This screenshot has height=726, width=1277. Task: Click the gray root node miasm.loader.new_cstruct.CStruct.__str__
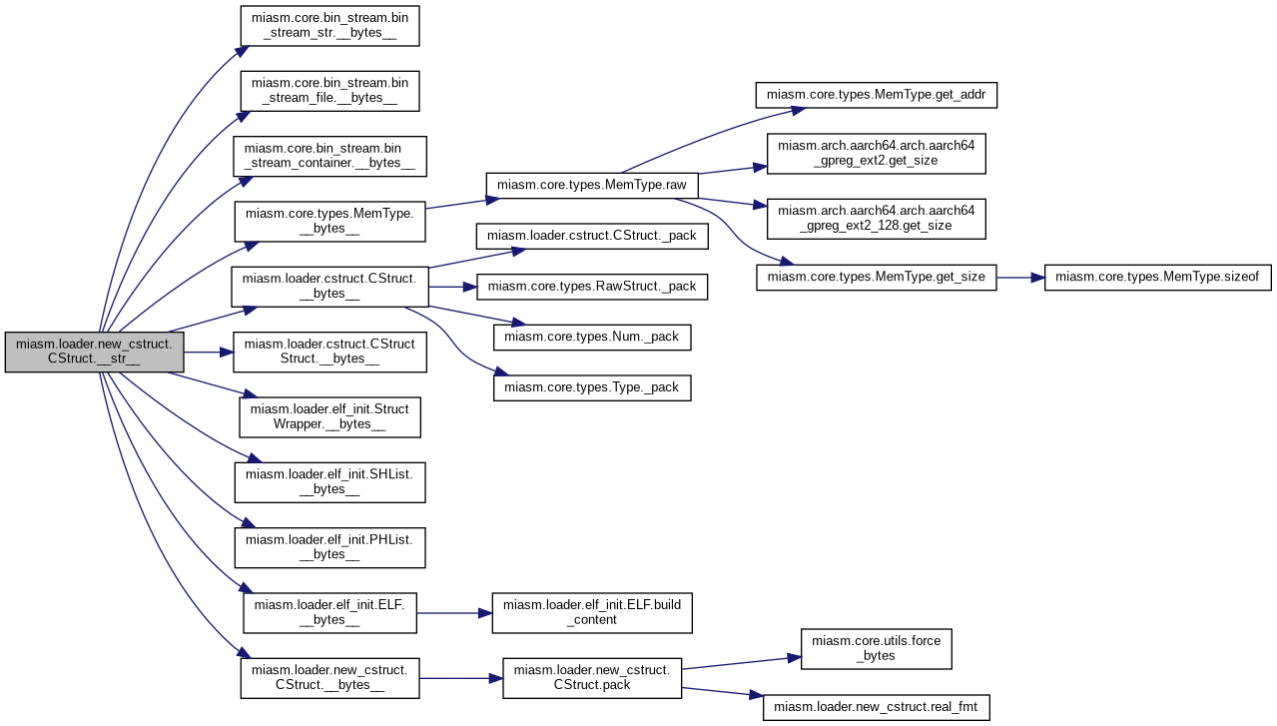click(95, 353)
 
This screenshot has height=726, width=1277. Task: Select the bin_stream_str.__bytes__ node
click(330, 26)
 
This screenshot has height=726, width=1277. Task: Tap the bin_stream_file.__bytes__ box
click(330, 91)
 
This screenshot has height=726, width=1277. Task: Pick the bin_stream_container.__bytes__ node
click(330, 156)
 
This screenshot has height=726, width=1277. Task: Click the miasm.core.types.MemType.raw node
click(592, 186)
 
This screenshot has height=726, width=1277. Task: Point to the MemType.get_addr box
click(877, 95)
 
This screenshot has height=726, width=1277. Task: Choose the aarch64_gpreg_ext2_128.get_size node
click(877, 219)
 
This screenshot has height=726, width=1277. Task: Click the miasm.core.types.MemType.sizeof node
click(1158, 278)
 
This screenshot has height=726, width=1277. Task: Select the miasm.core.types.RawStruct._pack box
click(592, 287)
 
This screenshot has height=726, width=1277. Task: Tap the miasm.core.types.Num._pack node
click(592, 338)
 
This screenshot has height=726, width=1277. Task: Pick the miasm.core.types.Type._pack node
click(592, 387)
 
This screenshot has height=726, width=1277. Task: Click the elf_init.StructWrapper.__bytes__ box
click(330, 417)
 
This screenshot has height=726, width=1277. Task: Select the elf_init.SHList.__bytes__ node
click(330, 482)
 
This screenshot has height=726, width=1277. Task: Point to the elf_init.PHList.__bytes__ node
click(330, 548)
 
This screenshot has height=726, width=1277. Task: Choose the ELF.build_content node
click(592, 613)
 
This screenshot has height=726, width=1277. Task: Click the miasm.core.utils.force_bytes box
click(877, 649)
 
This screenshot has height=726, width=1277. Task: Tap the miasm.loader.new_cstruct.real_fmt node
click(877, 708)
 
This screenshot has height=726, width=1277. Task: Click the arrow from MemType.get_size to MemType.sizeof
click(1020, 278)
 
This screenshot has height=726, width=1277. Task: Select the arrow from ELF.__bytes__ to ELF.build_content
click(454, 613)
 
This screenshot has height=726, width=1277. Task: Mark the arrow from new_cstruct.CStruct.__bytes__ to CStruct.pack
click(461, 679)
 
